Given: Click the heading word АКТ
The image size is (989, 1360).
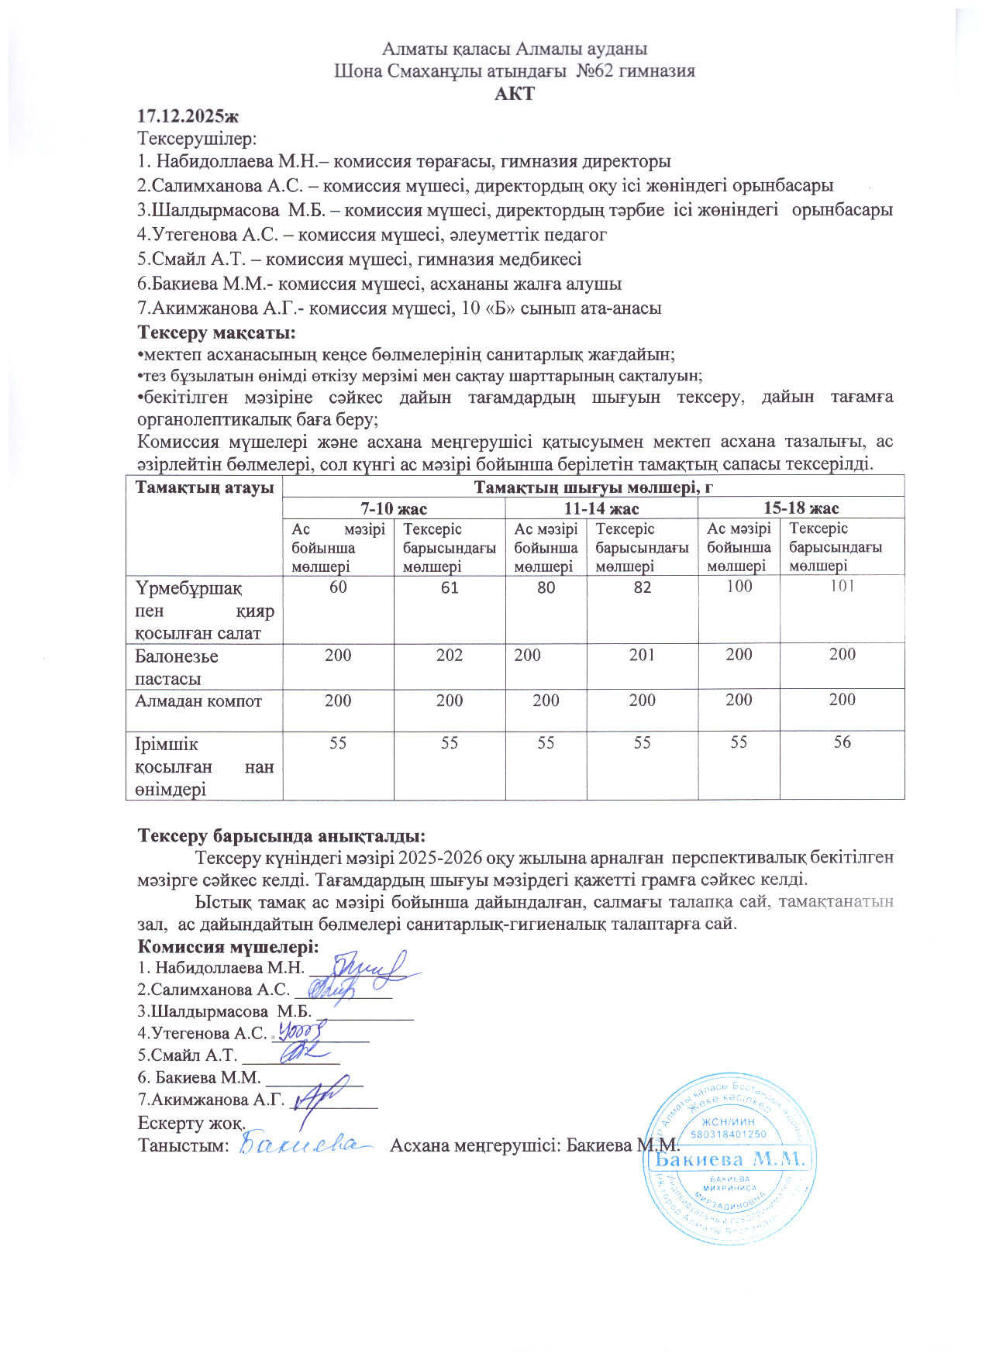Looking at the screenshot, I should click(515, 94).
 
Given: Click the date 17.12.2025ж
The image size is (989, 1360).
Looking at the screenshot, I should click(188, 116).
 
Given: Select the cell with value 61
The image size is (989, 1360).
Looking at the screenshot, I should click(450, 588).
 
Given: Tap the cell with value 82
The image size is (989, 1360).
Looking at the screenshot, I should click(642, 588).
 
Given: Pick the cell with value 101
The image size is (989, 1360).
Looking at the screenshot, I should click(842, 587).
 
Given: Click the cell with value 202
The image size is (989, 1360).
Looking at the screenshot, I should click(450, 656).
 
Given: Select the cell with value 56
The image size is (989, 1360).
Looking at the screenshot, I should click(842, 743).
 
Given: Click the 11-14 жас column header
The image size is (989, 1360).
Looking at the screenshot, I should click(601, 508).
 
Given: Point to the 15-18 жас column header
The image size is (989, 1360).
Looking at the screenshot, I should click(801, 508).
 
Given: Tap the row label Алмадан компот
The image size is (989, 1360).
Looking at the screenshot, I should click(198, 701).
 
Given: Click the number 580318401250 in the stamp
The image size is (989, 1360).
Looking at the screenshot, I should click(728, 1134).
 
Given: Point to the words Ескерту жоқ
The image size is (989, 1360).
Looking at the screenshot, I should click(191, 1123).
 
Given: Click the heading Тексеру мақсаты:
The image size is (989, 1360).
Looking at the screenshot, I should click(216, 333).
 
